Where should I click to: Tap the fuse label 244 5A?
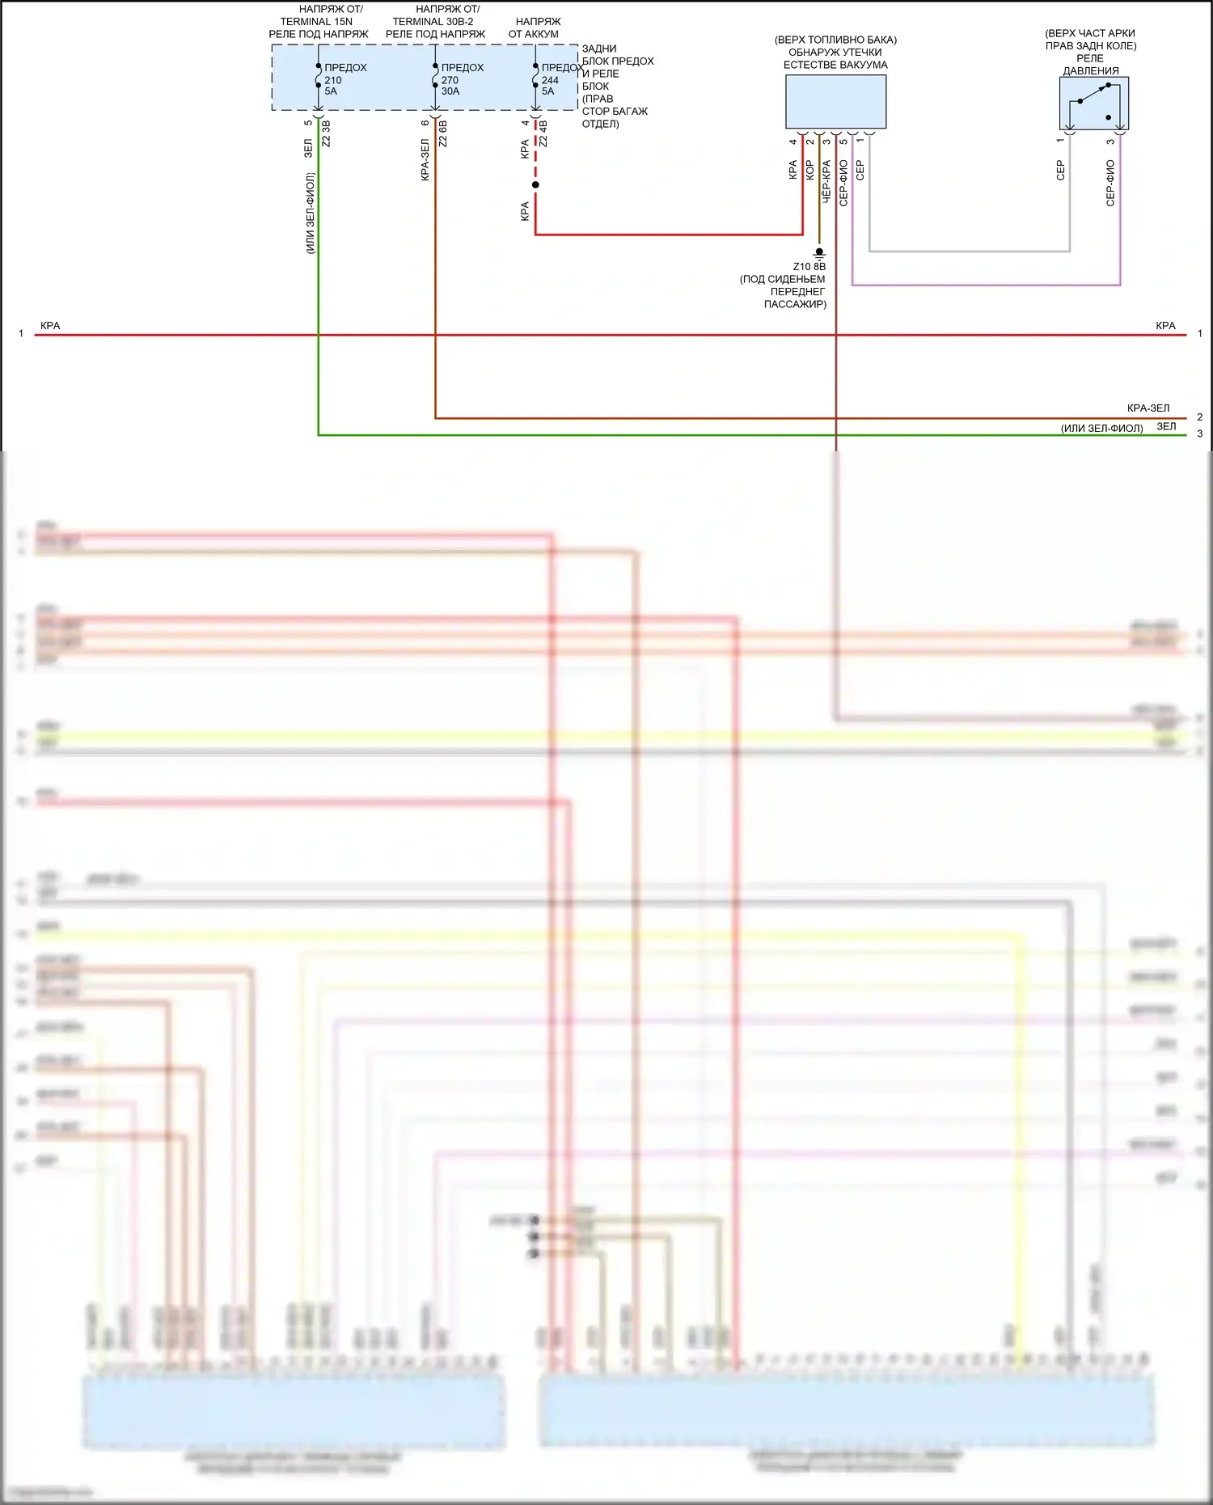(x=558, y=79)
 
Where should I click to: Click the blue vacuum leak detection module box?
(x=835, y=101)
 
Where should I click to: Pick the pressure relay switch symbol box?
(x=1093, y=104)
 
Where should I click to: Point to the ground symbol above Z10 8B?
(x=818, y=253)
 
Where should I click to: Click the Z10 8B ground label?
(x=809, y=267)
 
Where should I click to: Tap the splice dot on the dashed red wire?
(x=535, y=185)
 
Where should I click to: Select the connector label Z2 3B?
(x=326, y=133)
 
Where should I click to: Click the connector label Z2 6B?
(x=442, y=133)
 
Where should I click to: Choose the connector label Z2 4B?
(x=543, y=133)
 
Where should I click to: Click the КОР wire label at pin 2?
(x=809, y=170)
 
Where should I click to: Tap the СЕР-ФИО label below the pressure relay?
(x=1110, y=183)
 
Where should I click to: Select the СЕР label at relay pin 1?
(x=1060, y=170)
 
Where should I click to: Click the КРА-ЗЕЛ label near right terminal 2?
(x=1147, y=408)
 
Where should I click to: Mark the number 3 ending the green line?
(x=1199, y=433)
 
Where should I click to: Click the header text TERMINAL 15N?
(x=316, y=22)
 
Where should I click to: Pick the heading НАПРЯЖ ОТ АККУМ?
(x=535, y=27)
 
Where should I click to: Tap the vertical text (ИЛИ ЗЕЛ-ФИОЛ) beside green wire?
(x=310, y=213)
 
